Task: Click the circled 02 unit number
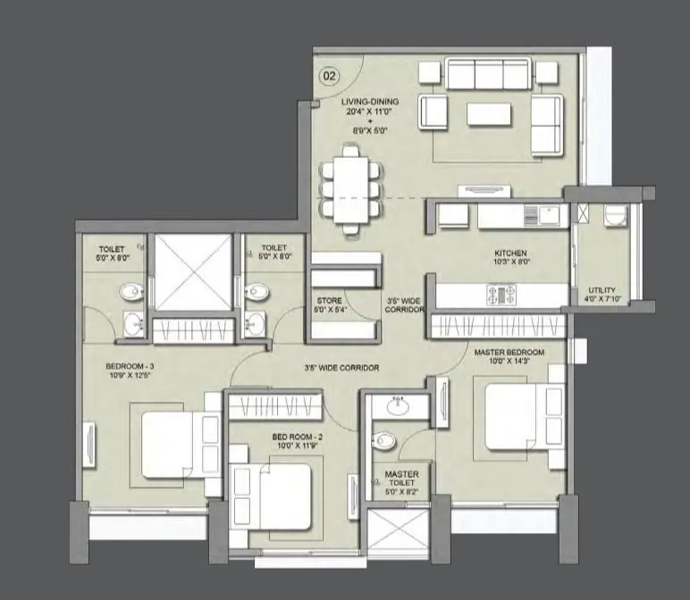pyautogui.click(x=329, y=76)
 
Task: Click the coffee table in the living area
pyautogui.click(x=488, y=115)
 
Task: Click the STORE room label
pyautogui.click(x=327, y=301)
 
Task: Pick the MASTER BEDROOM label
pyautogui.click(x=507, y=352)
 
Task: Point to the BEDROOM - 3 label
pyautogui.click(x=130, y=367)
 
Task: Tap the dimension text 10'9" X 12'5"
pyautogui.click(x=130, y=378)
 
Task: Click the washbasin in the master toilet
pyautogui.click(x=400, y=407)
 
